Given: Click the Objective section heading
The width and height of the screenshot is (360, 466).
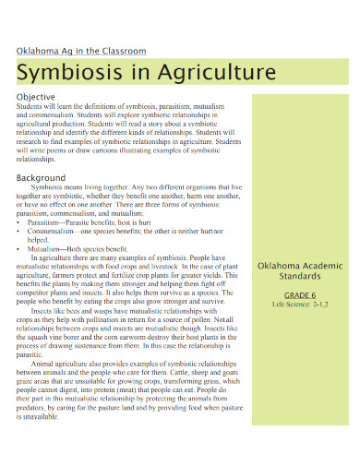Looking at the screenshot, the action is click(36, 97).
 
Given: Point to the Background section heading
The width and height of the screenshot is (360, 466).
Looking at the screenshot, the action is click(42, 177).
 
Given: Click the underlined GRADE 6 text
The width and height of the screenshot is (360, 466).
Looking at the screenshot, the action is click(294, 293).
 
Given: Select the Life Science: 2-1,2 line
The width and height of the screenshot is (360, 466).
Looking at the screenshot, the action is click(294, 304).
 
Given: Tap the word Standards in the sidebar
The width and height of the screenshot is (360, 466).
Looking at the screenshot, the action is click(294, 274).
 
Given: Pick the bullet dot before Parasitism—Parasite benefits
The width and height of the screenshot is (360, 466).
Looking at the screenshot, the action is click(19, 222).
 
